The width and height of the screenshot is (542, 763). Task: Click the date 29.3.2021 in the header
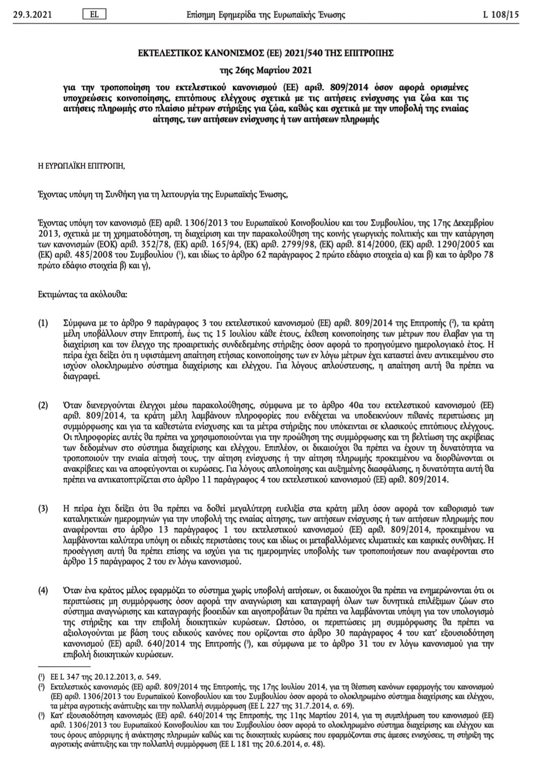pyautogui.click(x=32, y=15)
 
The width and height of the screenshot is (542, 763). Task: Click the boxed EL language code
pyautogui.click(x=94, y=14)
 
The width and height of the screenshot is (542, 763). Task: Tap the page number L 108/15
pyautogui.click(x=501, y=15)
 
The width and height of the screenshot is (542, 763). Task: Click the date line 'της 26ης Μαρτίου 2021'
pyautogui.click(x=266, y=70)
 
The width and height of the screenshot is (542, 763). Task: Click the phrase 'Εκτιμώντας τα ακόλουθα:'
pyautogui.click(x=83, y=294)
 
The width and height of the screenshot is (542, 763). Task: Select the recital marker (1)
pyautogui.click(x=43, y=324)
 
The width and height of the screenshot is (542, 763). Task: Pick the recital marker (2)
pyautogui.click(x=43, y=405)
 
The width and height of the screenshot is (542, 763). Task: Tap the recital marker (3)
pyautogui.click(x=43, y=509)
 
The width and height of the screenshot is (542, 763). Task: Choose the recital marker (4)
pyautogui.click(x=43, y=590)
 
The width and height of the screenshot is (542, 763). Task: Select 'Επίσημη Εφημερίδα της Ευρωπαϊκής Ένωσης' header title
pyautogui.click(x=266, y=15)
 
